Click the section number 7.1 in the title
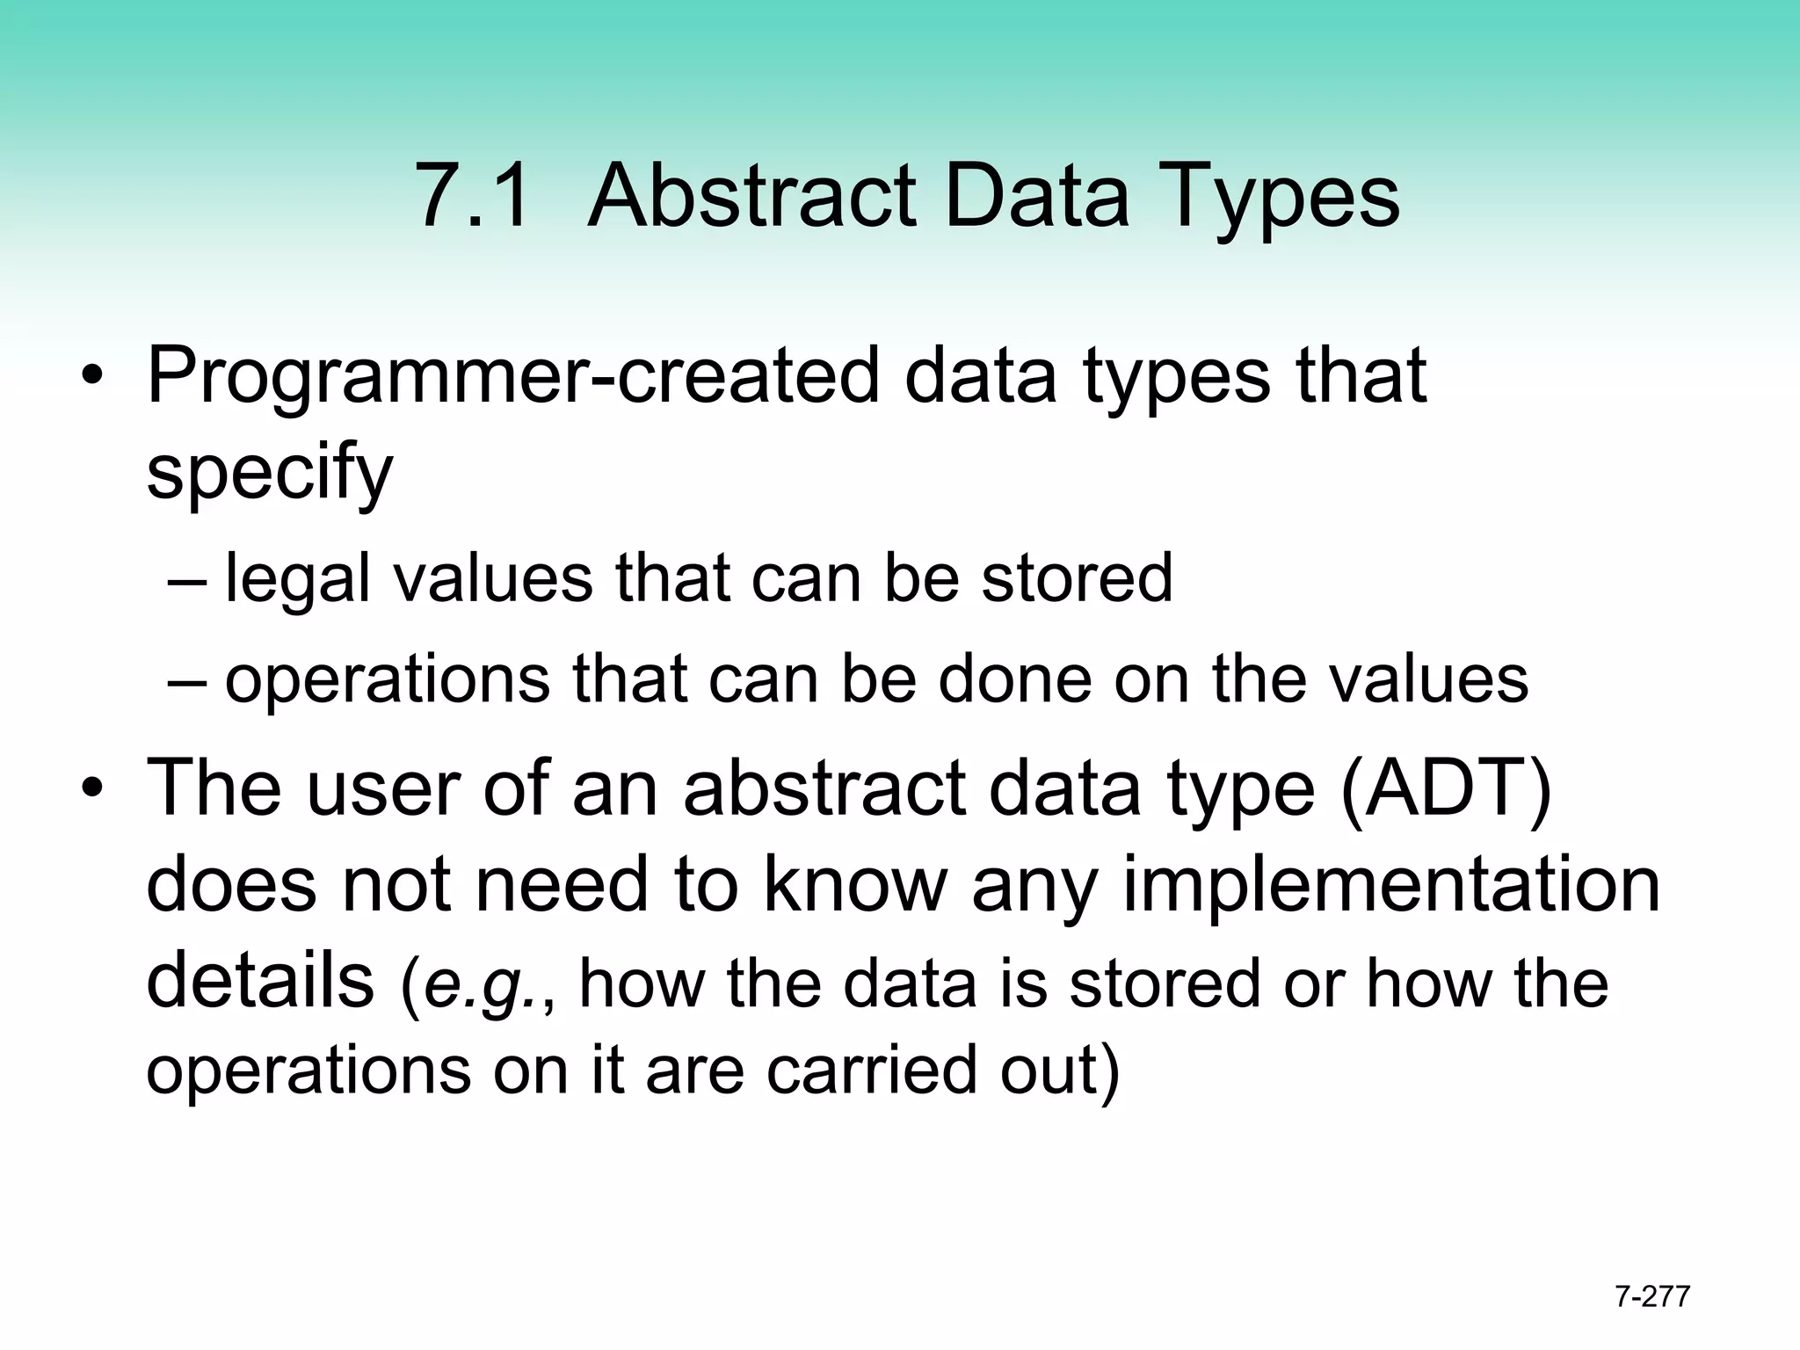(473, 195)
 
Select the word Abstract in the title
(751, 195)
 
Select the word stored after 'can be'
(1077, 577)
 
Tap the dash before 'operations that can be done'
(186, 679)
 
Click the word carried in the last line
(871, 1071)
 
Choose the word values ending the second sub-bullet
(1428, 679)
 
